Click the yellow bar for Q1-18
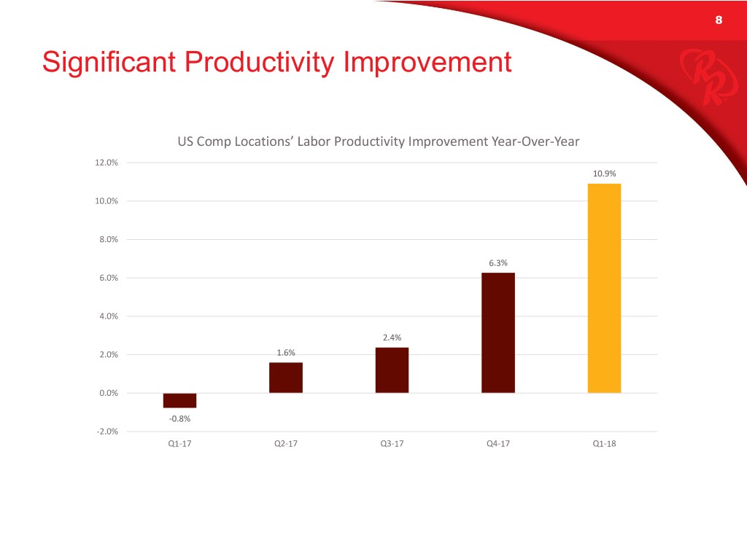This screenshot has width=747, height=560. click(604, 288)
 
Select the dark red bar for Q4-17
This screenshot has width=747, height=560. click(498, 332)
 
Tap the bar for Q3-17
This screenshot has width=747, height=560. click(392, 370)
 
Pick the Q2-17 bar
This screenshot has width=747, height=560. click(285, 378)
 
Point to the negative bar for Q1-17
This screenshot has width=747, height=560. click(179, 400)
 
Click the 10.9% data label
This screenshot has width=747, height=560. click(604, 174)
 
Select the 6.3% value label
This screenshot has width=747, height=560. click(498, 263)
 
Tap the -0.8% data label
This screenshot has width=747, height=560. click(179, 419)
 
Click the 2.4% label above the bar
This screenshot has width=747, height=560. click(392, 338)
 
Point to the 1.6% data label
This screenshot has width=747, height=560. click(285, 353)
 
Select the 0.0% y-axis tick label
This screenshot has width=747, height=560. click(108, 394)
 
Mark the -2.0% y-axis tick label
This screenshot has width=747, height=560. click(107, 432)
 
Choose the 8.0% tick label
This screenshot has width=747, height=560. click(108, 240)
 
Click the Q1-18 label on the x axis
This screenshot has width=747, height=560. click(604, 446)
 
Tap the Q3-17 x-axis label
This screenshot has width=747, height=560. click(392, 446)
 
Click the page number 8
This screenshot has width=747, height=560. click(719, 20)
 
